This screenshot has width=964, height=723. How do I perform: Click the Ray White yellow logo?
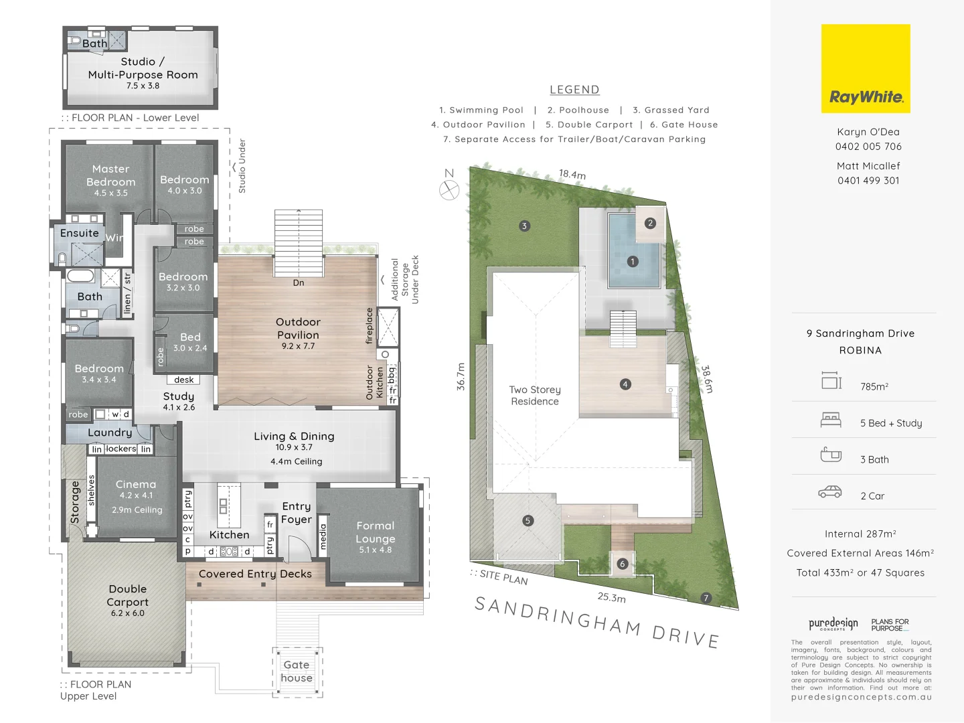click(x=866, y=68)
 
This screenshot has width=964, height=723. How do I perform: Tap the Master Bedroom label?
click(x=110, y=175)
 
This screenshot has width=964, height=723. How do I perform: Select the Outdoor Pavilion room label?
click(x=298, y=329)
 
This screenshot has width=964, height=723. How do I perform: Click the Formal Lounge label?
click(x=375, y=532)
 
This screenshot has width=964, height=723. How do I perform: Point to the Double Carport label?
click(x=127, y=595)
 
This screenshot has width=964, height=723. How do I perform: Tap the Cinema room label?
click(x=136, y=484)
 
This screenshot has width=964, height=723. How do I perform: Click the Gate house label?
click(x=297, y=671)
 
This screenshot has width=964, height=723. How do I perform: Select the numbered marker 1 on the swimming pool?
click(x=633, y=262)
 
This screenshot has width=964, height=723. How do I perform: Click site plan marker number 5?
click(x=528, y=521)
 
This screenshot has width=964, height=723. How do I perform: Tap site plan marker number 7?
click(x=706, y=598)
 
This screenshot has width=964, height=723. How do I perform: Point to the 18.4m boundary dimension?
click(x=572, y=175)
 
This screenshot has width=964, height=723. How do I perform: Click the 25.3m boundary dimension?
click(x=611, y=597)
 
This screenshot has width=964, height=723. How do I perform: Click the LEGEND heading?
click(x=574, y=90)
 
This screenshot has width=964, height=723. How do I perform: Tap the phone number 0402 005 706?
click(x=868, y=147)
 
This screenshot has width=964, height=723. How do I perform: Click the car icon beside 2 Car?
click(x=830, y=492)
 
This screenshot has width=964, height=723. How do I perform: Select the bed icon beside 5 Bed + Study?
click(x=831, y=420)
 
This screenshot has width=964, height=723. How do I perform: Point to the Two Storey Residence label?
click(x=534, y=396)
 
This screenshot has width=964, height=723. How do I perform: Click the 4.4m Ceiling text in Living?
click(x=296, y=461)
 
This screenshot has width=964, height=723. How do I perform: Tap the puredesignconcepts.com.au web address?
click(x=861, y=697)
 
